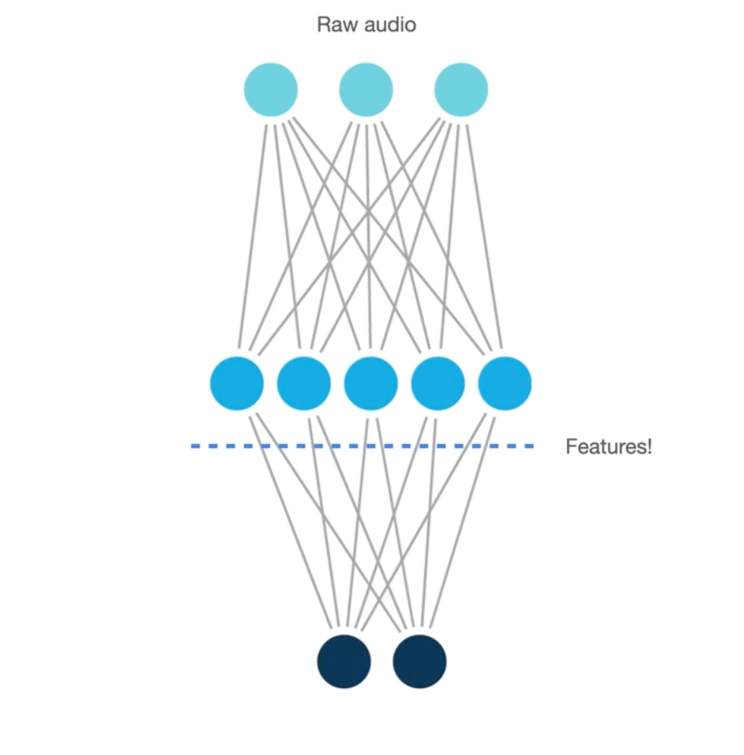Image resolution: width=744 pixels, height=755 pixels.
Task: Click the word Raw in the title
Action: click(x=331, y=24)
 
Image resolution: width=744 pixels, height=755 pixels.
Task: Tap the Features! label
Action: click(x=609, y=447)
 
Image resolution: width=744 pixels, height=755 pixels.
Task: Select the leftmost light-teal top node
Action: click(x=271, y=90)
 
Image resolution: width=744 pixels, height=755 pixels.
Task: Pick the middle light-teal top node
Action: click(x=366, y=90)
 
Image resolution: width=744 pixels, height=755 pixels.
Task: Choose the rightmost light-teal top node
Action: click(x=461, y=90)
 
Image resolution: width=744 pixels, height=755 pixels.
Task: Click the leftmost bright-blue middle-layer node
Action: click(x=237, y=383)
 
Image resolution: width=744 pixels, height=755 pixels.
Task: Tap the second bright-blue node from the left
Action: click(x=304, y=383)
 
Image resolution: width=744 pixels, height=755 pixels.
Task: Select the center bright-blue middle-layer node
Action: click(x=370, y=383)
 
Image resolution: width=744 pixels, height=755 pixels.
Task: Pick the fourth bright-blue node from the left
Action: click(x=438, y=383)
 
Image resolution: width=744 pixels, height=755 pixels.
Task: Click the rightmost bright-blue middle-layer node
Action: click(x=505, y=383)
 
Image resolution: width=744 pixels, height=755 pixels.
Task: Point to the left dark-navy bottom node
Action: click(x=344, y=660)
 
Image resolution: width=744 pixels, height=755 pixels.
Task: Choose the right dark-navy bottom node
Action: click(x=419, y=660)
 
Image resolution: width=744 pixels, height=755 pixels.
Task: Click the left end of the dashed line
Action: click(x=194, y=446)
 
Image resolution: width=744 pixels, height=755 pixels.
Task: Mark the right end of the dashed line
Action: click(x=531, y=446)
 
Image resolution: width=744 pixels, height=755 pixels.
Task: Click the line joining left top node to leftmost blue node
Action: click(x=253, y=237)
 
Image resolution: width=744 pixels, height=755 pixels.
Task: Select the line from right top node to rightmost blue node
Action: click(x=483, y=237)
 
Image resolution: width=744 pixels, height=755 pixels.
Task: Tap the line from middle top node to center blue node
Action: click(x=368, y=237)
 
